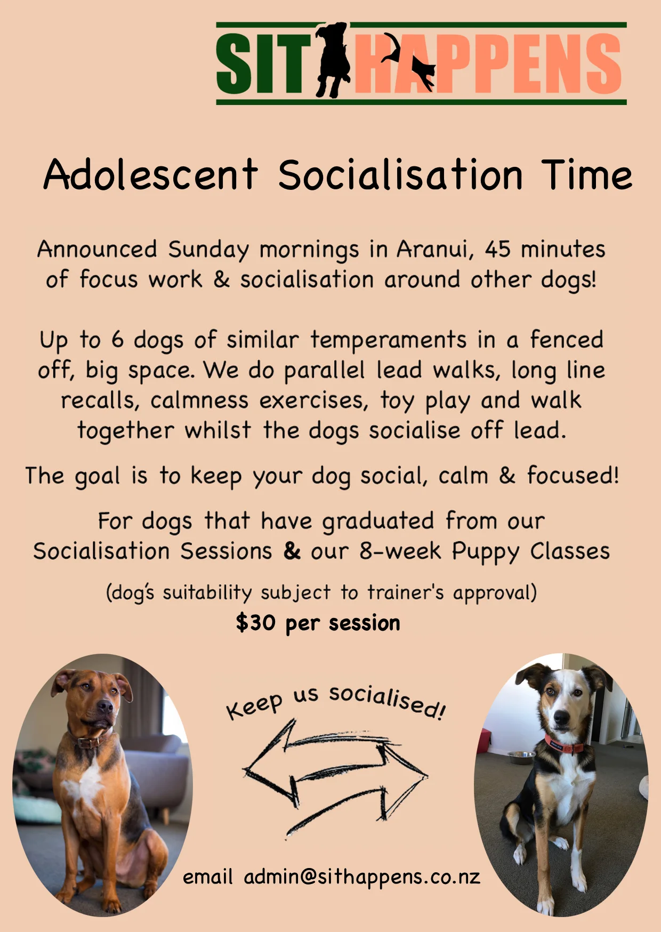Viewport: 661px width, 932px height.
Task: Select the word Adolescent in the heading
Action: pos(151,175)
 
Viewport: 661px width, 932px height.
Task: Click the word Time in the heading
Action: pos(587,175)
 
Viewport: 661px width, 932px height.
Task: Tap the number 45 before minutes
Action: pos(497,249)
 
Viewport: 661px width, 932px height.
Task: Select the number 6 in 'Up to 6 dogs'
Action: pos(117,340)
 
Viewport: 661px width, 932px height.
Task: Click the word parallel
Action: pos(324,370)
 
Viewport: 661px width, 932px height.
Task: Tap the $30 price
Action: pos(256,622)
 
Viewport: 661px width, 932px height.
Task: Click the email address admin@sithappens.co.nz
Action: pos(362,877)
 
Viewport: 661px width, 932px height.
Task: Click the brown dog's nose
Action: pos(104,707)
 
